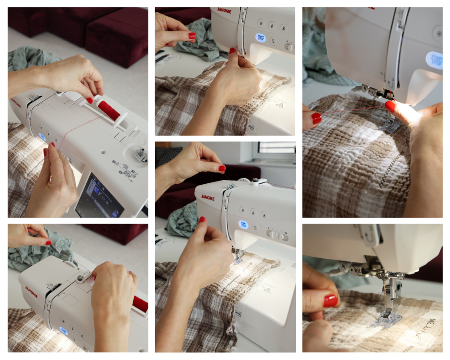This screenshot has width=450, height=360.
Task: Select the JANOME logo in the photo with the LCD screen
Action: [x=16, y=103]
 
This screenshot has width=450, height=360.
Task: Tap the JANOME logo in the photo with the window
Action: [x=208, y=198]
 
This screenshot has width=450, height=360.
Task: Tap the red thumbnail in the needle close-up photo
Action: [x=330, y=301]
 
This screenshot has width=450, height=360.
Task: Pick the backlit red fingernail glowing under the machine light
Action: [x=390, y=106]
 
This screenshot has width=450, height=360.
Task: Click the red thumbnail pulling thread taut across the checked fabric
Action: [x=316, y=117]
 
